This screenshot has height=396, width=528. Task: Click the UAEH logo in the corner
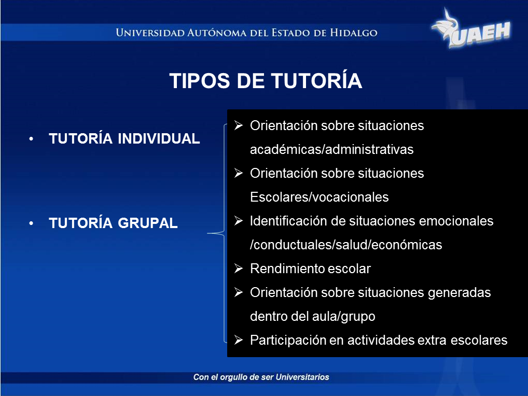(471, 29)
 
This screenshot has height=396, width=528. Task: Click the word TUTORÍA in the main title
(316, 81)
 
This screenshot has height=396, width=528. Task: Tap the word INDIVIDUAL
(159, 138)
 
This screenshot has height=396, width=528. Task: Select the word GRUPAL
(148, 223)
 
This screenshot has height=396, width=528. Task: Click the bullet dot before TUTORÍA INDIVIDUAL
(31, 139)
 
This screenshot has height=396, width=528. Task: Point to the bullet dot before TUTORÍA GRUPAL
(31, 223)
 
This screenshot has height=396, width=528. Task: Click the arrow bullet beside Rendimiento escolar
(239, 268)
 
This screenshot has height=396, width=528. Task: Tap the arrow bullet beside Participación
(239, 340)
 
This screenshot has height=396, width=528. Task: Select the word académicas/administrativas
(331, 149)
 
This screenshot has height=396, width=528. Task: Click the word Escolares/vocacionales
(319, 197)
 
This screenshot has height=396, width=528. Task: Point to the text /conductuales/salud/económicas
(346, 245)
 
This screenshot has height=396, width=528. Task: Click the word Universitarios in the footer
(302, 377)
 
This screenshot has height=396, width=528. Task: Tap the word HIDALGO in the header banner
(354, 33)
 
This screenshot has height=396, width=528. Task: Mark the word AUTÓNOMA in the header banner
(217, 33)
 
